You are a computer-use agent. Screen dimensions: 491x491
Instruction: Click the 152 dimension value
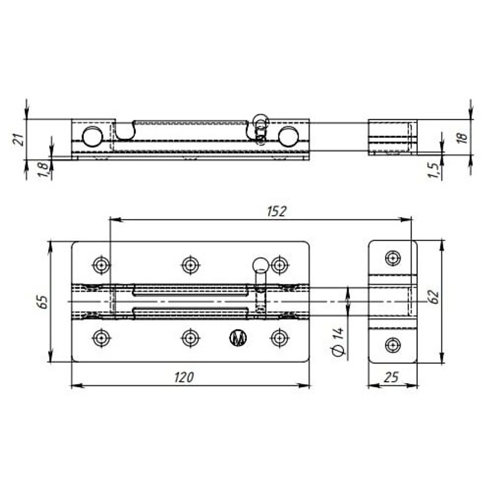(277, 212)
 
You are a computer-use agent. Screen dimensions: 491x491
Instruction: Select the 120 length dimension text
(184, 377)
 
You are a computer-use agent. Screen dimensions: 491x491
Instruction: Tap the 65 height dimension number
(43, 302)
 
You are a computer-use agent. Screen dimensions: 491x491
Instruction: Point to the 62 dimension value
(434, 297)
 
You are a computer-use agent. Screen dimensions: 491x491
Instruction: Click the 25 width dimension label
(391, 377)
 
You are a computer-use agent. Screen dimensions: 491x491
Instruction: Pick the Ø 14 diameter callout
(338, 342)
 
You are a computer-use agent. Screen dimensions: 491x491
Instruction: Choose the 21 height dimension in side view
(18, 139)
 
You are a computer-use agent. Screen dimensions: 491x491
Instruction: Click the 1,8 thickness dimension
(44, 169)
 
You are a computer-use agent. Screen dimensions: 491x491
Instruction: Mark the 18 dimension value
(463, 137)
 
